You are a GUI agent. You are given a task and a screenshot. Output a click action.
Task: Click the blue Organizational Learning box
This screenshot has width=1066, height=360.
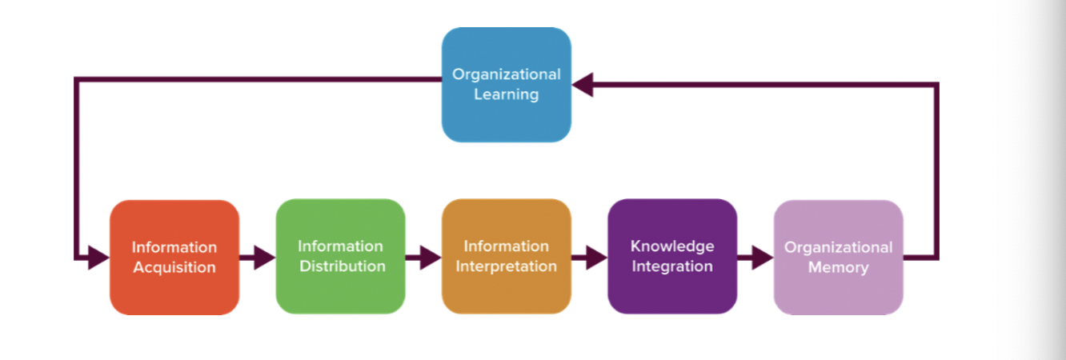[507, 84]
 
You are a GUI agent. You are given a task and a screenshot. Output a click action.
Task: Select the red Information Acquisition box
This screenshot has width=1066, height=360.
[174, 257]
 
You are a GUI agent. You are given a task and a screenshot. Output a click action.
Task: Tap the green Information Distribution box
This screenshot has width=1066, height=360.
[341, 256]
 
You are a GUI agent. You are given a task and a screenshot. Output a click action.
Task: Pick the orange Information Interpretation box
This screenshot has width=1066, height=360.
[507, 256]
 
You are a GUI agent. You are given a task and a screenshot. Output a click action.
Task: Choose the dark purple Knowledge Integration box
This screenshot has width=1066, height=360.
[672, 256]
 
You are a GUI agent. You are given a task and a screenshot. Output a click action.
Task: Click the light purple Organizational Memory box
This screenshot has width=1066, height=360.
[838, 257]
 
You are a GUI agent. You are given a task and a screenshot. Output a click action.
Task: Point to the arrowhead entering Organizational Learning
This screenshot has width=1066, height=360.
[582, 84]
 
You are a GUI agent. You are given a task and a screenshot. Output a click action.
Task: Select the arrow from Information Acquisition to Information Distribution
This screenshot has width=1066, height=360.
[258, 258]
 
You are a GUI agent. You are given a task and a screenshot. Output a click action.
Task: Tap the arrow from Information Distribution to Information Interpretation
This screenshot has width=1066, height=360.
[423, 258]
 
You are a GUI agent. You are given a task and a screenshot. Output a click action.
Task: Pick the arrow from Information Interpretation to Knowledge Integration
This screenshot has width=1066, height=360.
[589, 258]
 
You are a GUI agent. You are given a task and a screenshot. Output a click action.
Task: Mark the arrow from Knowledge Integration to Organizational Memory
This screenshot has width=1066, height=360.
[755, 258]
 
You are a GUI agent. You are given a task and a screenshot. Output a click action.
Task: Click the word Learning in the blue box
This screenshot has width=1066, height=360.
[507, 94]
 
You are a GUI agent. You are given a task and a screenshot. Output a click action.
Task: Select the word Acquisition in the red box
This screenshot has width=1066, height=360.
[174, 267]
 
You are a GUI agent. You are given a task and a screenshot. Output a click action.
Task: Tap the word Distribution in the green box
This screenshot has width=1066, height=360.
[343, 266]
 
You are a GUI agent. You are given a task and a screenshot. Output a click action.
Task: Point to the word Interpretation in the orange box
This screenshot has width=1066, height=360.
[507, 266]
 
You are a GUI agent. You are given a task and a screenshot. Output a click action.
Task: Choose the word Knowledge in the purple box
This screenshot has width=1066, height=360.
[672, 246]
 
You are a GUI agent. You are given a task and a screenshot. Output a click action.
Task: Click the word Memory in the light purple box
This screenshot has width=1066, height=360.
[838, 268]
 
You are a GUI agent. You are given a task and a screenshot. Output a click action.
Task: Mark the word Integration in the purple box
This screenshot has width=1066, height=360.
[672, 266]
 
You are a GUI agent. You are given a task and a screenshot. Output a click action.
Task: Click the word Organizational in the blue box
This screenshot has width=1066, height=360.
[507, 74]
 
